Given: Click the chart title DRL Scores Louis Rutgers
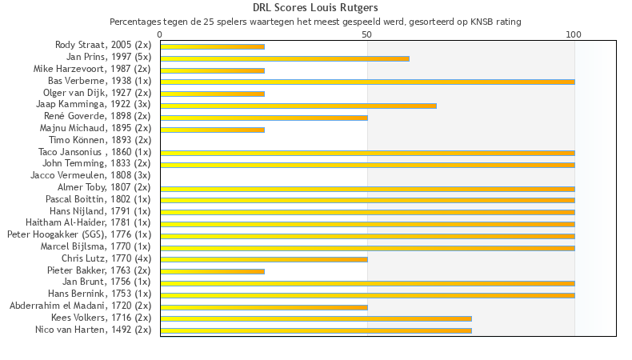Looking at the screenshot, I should pyautogui.click(x=315, y=8).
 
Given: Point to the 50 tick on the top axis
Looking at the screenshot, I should pyautogui.click(x=367, y=34).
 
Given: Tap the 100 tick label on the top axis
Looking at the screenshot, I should pyautogui.click(x=574, y=34).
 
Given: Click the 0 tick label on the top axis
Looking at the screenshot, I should pyautogui.click(x=160, y=34).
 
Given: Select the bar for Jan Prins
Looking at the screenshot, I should pyautogui.click(x=285, y=58).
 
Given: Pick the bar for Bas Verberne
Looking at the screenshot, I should pyautogui.click(x=367, y=82).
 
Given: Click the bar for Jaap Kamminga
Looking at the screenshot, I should pyautogui.click(x=298, y=106).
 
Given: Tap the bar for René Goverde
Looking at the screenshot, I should pyautogui.click(x=264, y=118).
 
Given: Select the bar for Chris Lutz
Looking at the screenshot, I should pyautogui.click(x=264, y=259).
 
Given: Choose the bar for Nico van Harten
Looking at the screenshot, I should pyautogui.click(x=316, y=330).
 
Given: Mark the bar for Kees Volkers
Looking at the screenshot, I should pyautogui.click(x=316, y=318).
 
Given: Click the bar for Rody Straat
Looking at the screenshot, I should pyautogui.click(x=212, y=46).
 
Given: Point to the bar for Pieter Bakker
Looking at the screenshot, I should pyautogui.click(x=212, y=271).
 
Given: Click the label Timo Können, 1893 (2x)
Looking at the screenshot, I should pyautogui.click(x=100, y=140).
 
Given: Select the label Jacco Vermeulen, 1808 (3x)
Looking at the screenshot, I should pyautogui.click(x=90, y=175).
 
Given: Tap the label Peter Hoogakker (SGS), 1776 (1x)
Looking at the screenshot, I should pyautogui.click(x=79, y=234).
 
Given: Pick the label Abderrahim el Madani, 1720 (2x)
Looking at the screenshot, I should pyautogui.click(x=80, y=306).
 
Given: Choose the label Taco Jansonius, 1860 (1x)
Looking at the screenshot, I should pyautogui.click(x=94, y=152).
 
